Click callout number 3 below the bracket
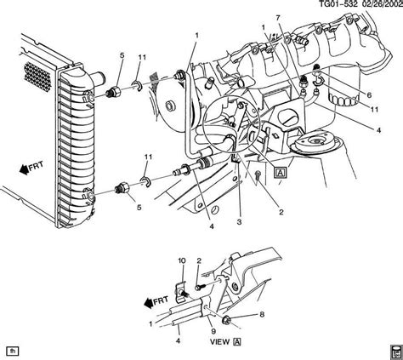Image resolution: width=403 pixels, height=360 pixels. [x=240, y=223]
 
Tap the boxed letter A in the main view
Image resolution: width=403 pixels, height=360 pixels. [x=281, y=172]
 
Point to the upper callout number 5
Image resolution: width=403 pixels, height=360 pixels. [x=122, y=56]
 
